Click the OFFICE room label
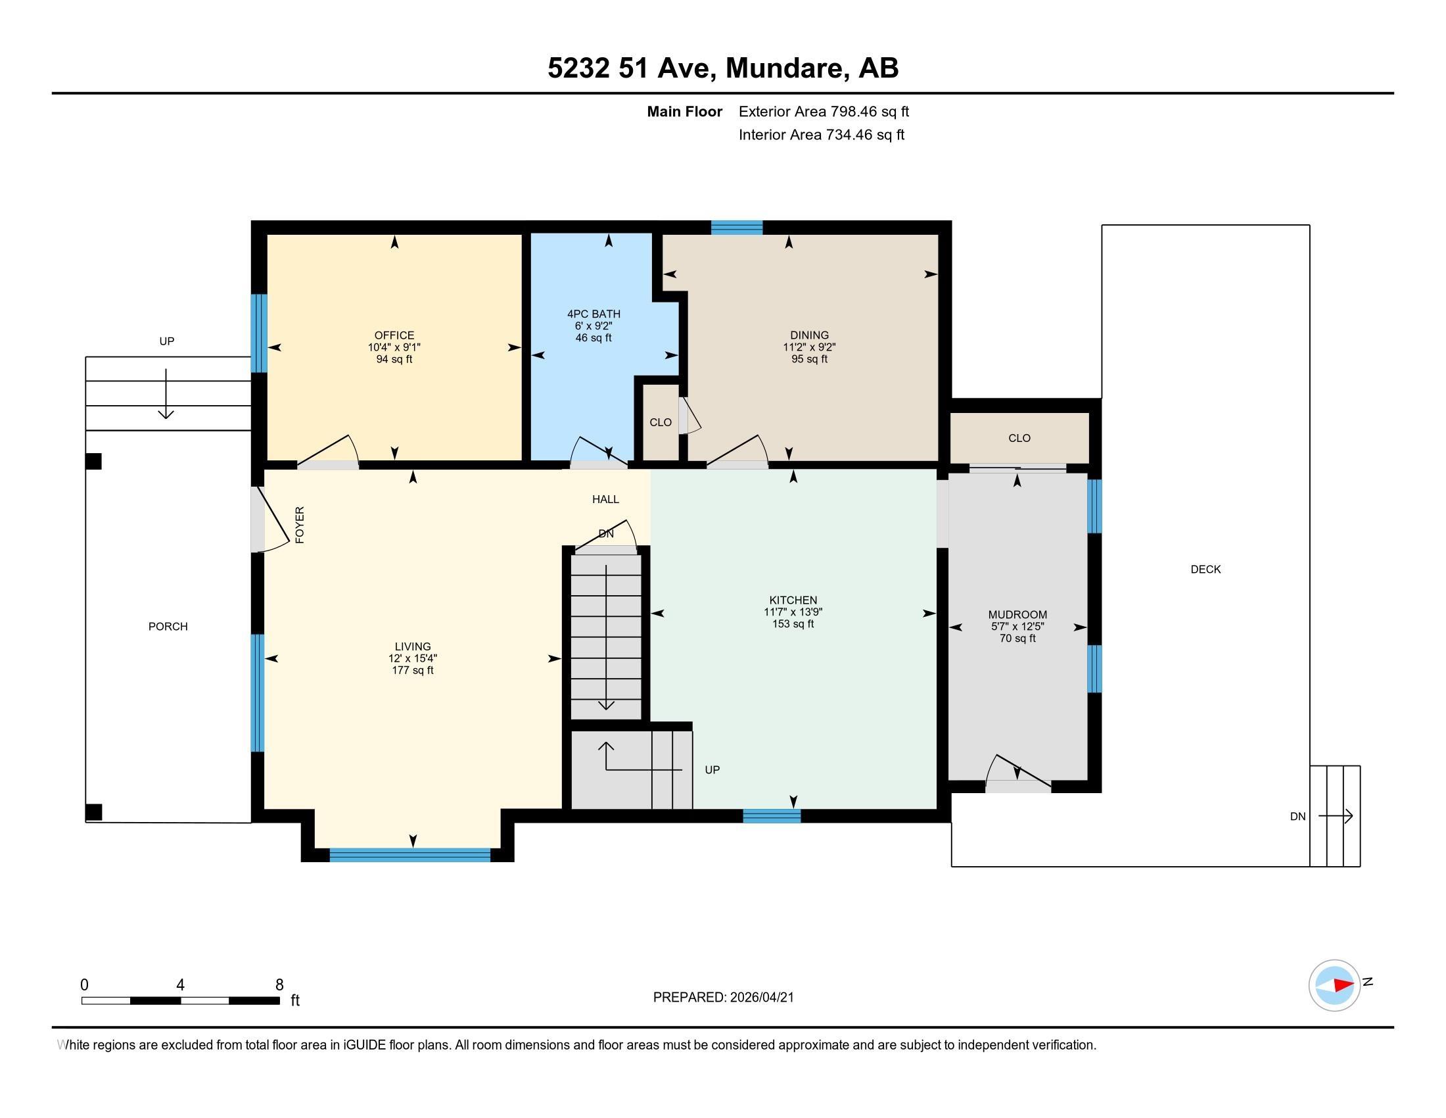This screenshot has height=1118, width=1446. coord(394,335)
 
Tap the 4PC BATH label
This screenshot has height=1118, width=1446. coord(594,314)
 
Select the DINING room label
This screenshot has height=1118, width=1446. coord(809,335)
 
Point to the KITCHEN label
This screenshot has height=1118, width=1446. coord(793,600)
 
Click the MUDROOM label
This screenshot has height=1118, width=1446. coord(1017,615)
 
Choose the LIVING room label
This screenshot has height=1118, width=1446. coord(413,646)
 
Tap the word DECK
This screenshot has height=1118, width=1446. coord(1205,569)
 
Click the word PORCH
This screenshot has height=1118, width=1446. coord(168,627)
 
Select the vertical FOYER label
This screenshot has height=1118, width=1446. coord(300,525)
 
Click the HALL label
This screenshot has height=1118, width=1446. coord(605,499)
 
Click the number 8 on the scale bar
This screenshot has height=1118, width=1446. coord(279,985)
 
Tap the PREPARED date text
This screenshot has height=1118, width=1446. coord(723,998)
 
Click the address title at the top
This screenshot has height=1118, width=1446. coord(723,68)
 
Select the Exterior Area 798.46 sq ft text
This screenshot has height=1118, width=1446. coord(824,111)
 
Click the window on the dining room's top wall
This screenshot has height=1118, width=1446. coord(737,228)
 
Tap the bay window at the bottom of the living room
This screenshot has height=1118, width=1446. coord(410,855)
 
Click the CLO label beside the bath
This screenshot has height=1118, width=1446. coord(660,423)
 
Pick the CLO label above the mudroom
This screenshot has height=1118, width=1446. coord(1019,438)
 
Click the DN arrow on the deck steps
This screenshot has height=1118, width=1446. coord(1336,816)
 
